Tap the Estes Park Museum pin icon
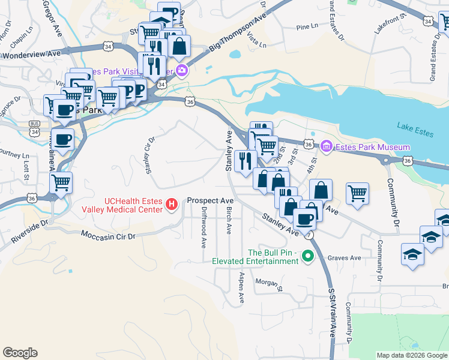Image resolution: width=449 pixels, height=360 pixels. point(327,146)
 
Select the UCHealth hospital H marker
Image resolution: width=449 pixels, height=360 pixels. point(172,205)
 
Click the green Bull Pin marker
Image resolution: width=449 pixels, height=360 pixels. point(308,256)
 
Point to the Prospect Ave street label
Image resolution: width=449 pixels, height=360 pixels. point(210,200)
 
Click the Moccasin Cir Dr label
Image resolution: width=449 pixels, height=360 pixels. point(108,236)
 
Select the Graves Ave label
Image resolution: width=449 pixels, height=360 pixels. point(348,259)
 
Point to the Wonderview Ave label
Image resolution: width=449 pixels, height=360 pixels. point(31,54)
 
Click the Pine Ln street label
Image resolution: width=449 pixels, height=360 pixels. point(306,27)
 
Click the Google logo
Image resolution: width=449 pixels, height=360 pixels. point(20,353)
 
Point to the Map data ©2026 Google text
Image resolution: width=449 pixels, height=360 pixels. point(412,355)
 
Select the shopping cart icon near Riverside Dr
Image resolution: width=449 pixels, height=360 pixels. point(61,183)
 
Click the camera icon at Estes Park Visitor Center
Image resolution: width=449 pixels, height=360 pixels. point(181,71)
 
